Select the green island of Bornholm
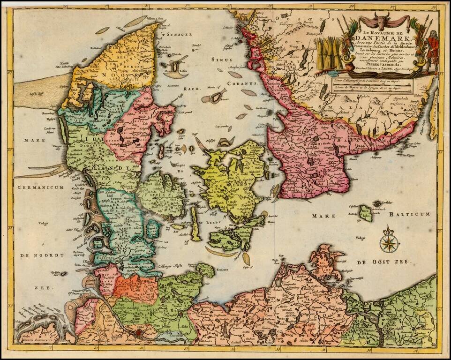(x=365, y=214)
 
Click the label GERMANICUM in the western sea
(x=41, y=187)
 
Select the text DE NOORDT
(x=41, y=255)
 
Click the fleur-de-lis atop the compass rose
(x=388, y=231)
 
